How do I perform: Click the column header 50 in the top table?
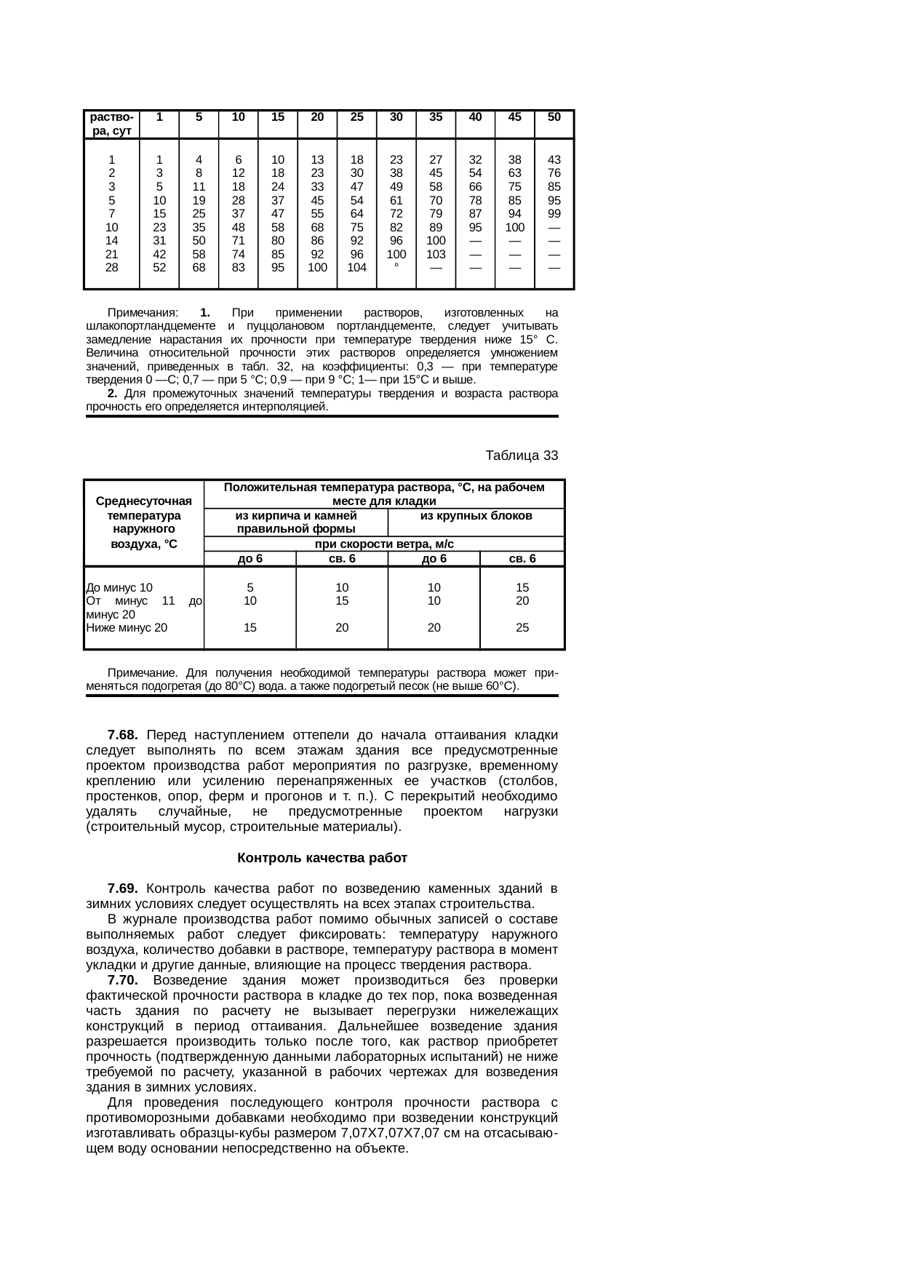tap(554, 116)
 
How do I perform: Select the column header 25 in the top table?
tap(356, 116)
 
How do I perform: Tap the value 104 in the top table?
tap(356, 267)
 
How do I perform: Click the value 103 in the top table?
tap(436, 254)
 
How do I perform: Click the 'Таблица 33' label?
tap(522, 455)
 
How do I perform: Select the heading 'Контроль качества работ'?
tap(322, 858)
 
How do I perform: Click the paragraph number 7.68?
tap(122, 735)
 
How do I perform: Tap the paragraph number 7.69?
tap(122, 888)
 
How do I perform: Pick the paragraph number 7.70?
tap(122, 980)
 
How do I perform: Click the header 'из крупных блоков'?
tap(476, 515)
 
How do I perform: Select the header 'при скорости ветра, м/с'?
tap(384, 544)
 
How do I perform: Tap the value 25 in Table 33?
tap(522, 627)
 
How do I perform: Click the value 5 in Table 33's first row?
tap(250, 587)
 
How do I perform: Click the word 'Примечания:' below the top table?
tap(143, 312)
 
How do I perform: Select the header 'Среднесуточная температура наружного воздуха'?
tap(143, 522)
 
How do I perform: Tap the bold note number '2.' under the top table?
tap(112, 394)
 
